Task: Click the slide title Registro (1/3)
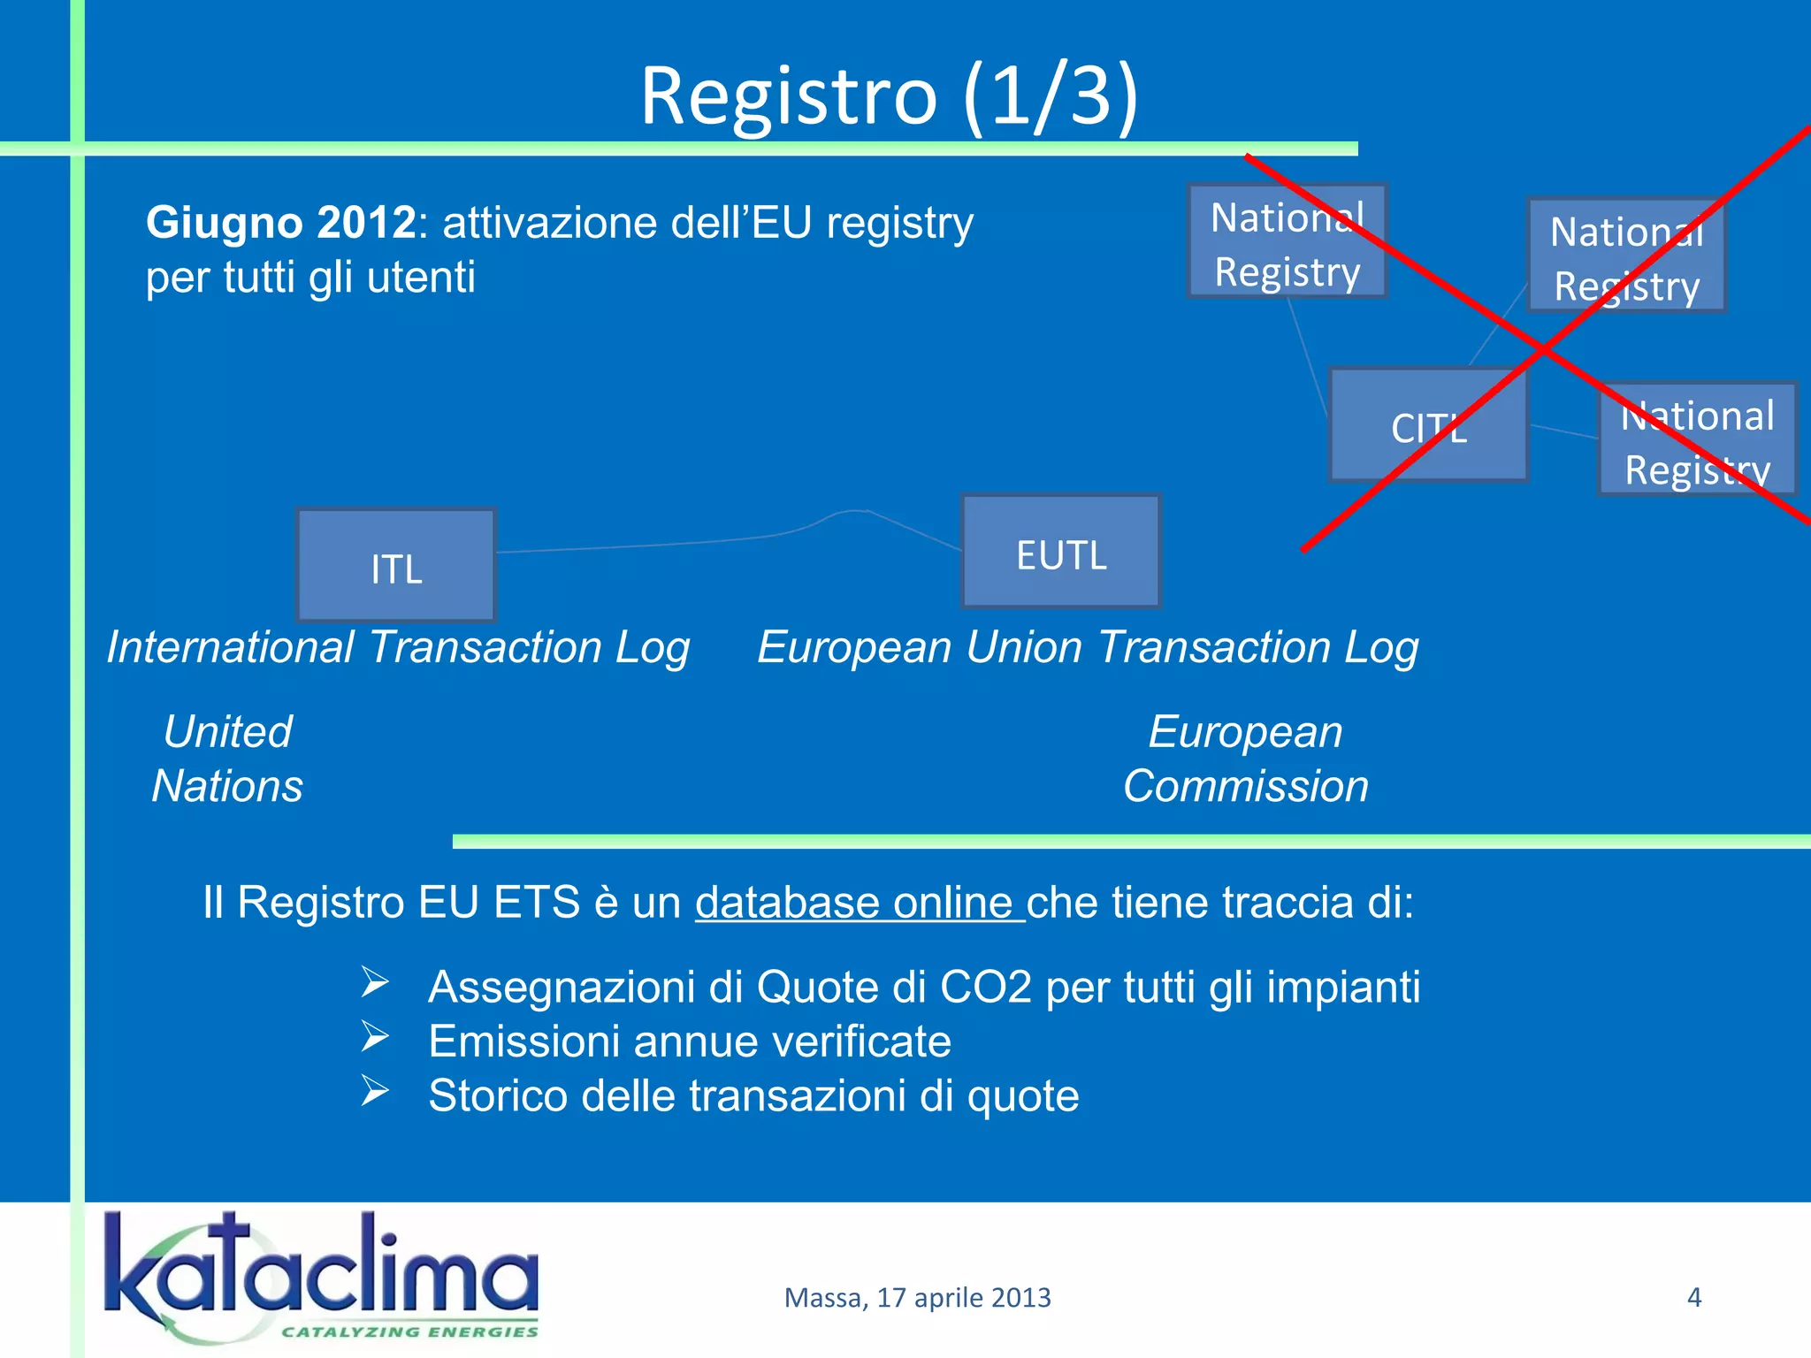point(889,95)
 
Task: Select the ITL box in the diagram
point(396,566)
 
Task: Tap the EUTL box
point(1061,553)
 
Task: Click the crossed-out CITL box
point(1429,426)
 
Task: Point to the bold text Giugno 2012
point(281,222)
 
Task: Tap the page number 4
point(1694,1297)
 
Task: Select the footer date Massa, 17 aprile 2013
point(917,1297)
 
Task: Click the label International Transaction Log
point(398,647)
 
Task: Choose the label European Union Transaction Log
point(1088,647)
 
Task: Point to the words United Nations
point(227,759)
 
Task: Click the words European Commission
point(1246,759)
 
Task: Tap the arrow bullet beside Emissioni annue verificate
point(375,1037)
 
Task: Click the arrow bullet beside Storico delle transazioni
point(375,1091)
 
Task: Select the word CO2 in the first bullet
point(985,987)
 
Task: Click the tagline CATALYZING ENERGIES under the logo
point(409,1331)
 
